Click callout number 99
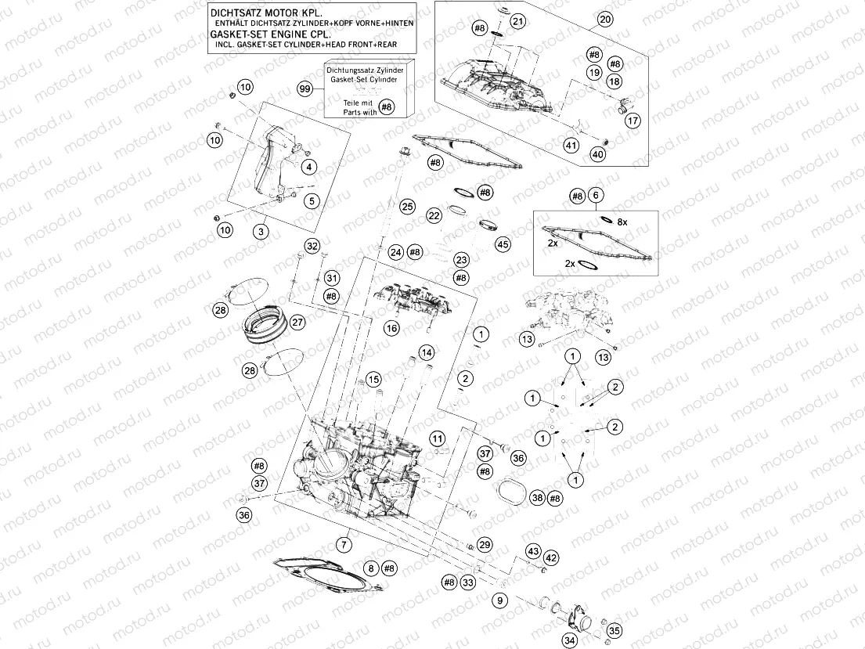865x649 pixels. pos(305,90)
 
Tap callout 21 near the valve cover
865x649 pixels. pos(517,22)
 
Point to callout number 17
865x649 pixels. pos(633,121)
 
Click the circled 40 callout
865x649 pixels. pos(597,155)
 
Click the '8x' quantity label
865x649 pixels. pos(622,222)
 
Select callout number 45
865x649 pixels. pos(503,244)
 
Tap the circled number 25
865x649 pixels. pos(406,207)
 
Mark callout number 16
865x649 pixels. pos(391,329)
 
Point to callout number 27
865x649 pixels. pos(297,322)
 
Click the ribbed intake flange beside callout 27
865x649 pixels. pos(264,325)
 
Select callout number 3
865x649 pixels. pos(260,232)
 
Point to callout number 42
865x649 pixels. pos(552,557)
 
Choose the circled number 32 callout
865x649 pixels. pos(312,247)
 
